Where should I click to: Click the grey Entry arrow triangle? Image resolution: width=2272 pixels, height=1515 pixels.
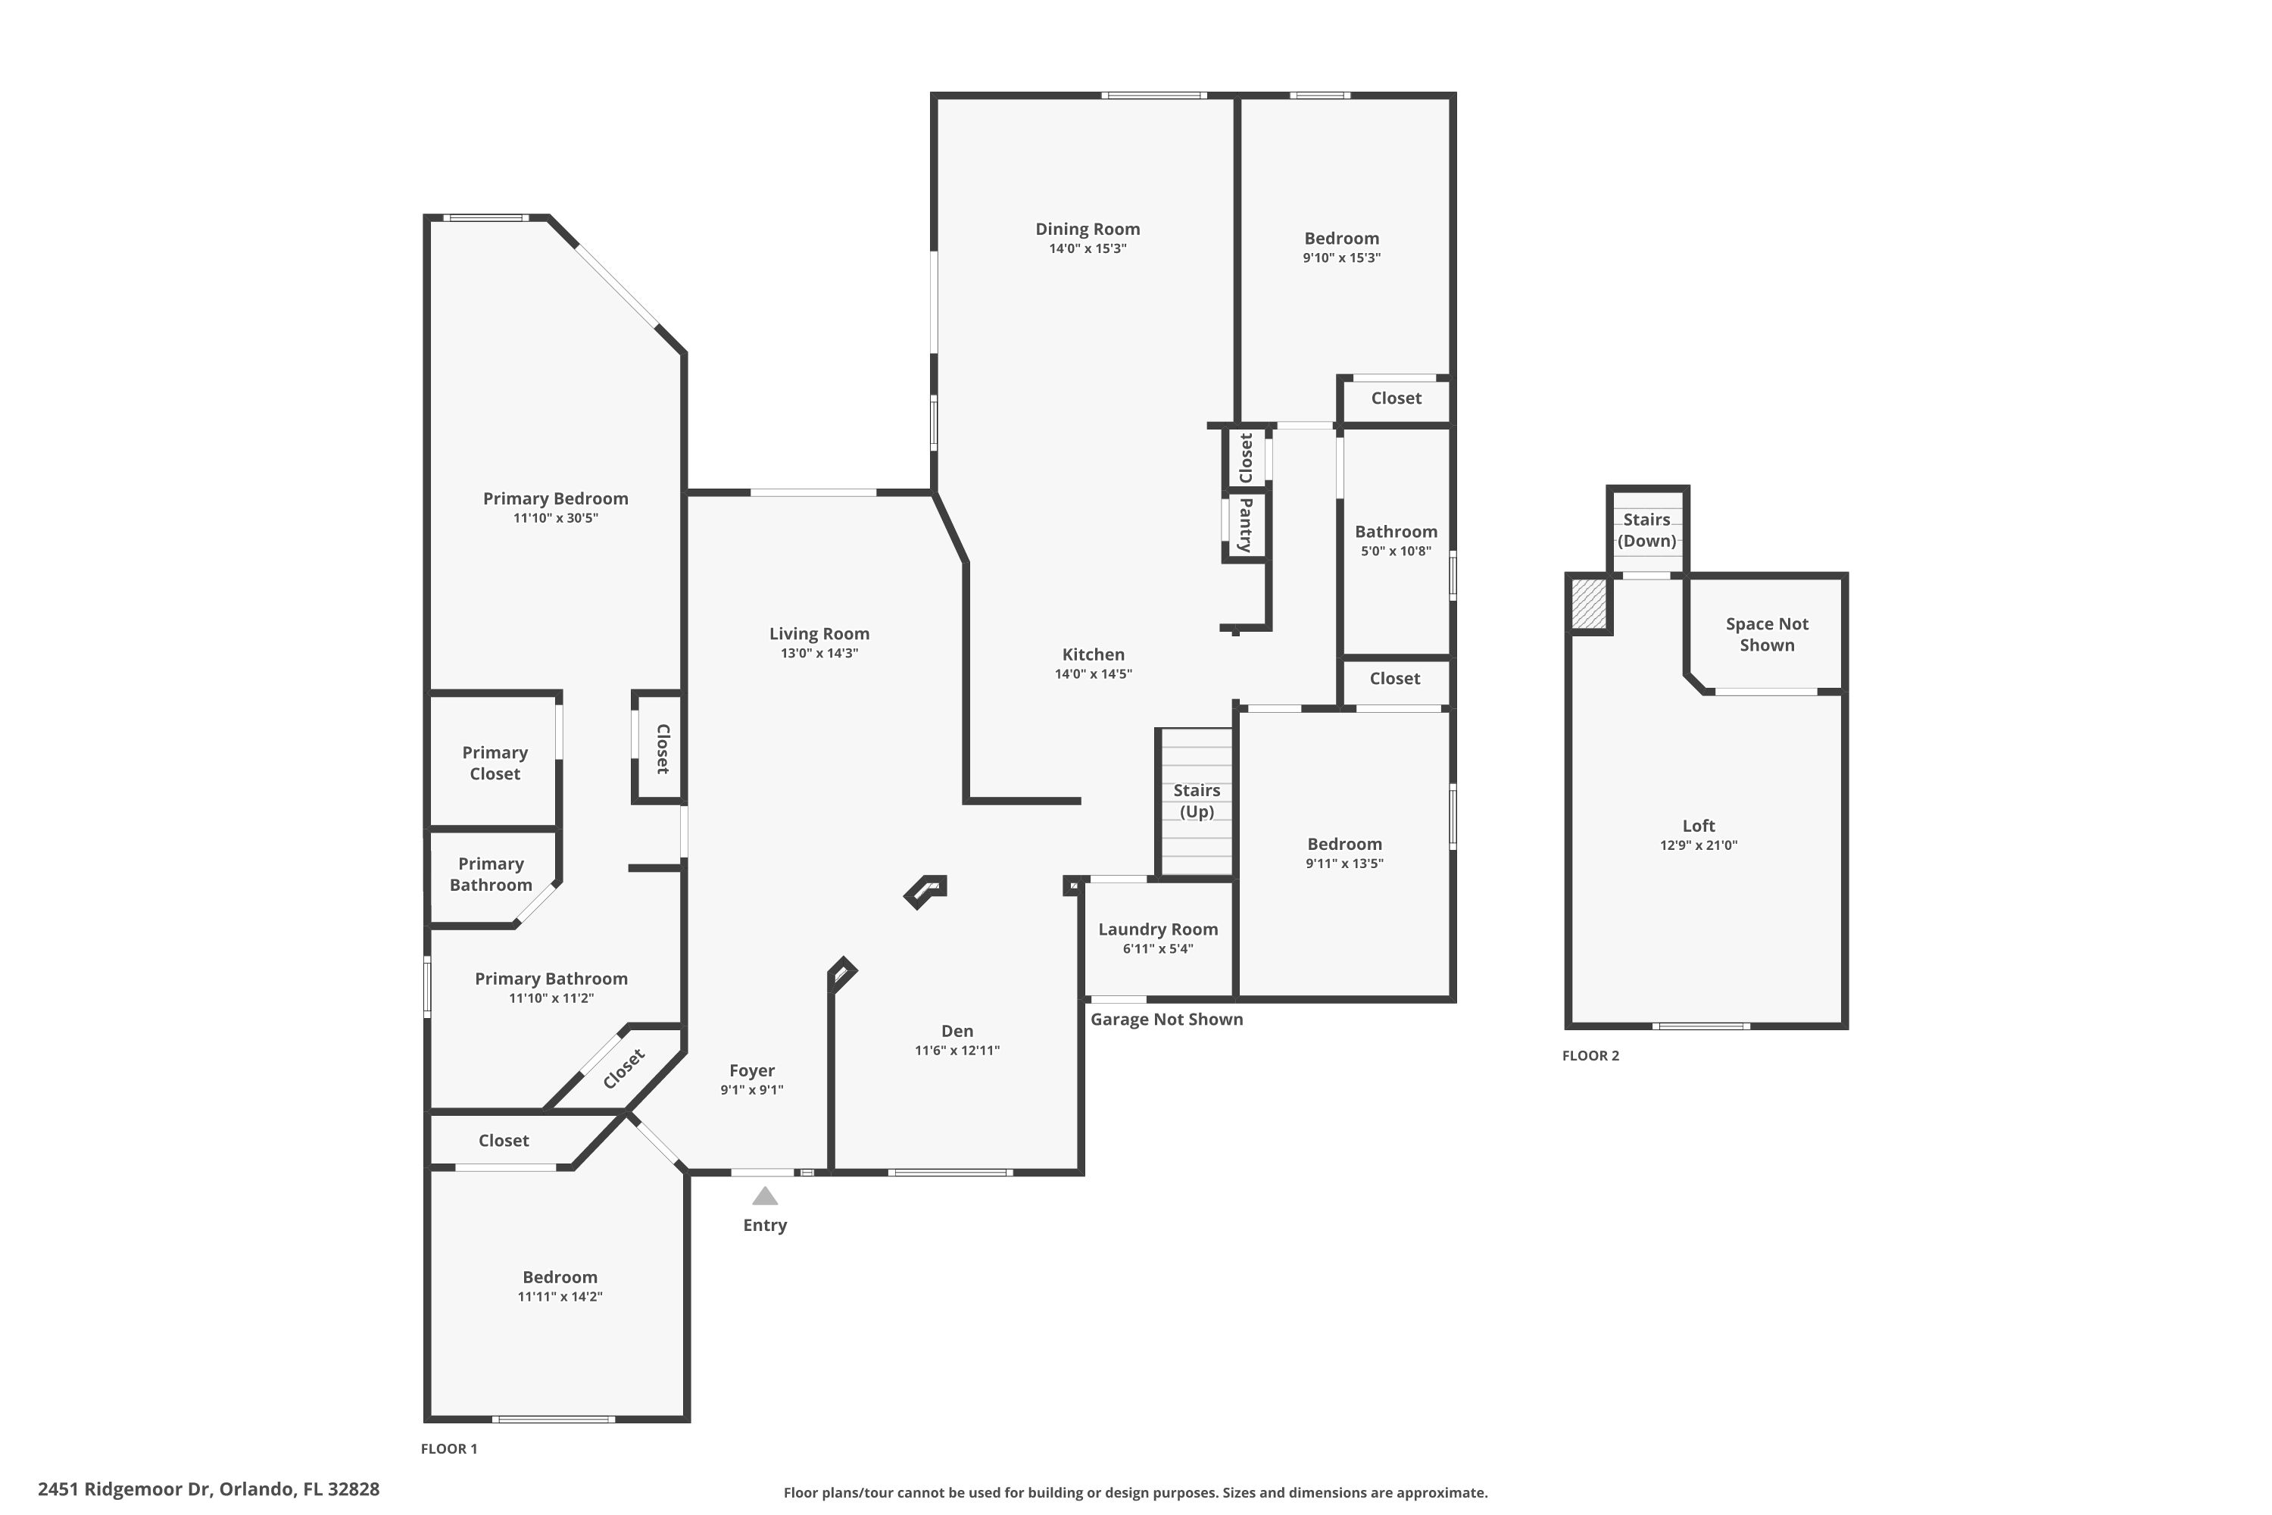764,1196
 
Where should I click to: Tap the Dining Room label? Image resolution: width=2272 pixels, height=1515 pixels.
1087,229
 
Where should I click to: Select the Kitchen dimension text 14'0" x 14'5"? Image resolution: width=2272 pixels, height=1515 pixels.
1093,674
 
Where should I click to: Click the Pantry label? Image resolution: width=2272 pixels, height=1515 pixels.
1245,525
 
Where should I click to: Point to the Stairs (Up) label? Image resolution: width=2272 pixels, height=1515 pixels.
1196,801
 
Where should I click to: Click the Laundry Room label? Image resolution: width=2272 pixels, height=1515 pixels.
1157,929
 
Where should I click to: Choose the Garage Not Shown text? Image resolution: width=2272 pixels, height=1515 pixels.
1166,1020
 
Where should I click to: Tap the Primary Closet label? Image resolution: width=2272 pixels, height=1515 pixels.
494,764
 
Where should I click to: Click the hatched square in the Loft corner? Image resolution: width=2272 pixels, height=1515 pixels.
1588,604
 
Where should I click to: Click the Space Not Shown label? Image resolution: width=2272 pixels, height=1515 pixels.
1766,635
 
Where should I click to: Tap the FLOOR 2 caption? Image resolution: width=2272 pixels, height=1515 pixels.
1590,1056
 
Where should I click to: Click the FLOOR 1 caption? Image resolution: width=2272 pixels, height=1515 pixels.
448,1449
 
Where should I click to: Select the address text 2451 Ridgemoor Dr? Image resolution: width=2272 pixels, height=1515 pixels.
125,1489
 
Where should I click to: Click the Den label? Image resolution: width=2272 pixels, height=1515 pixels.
957,1031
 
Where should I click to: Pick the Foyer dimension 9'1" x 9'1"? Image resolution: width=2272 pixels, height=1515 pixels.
751,1090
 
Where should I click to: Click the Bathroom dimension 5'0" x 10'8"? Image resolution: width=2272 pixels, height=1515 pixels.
1395,551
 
